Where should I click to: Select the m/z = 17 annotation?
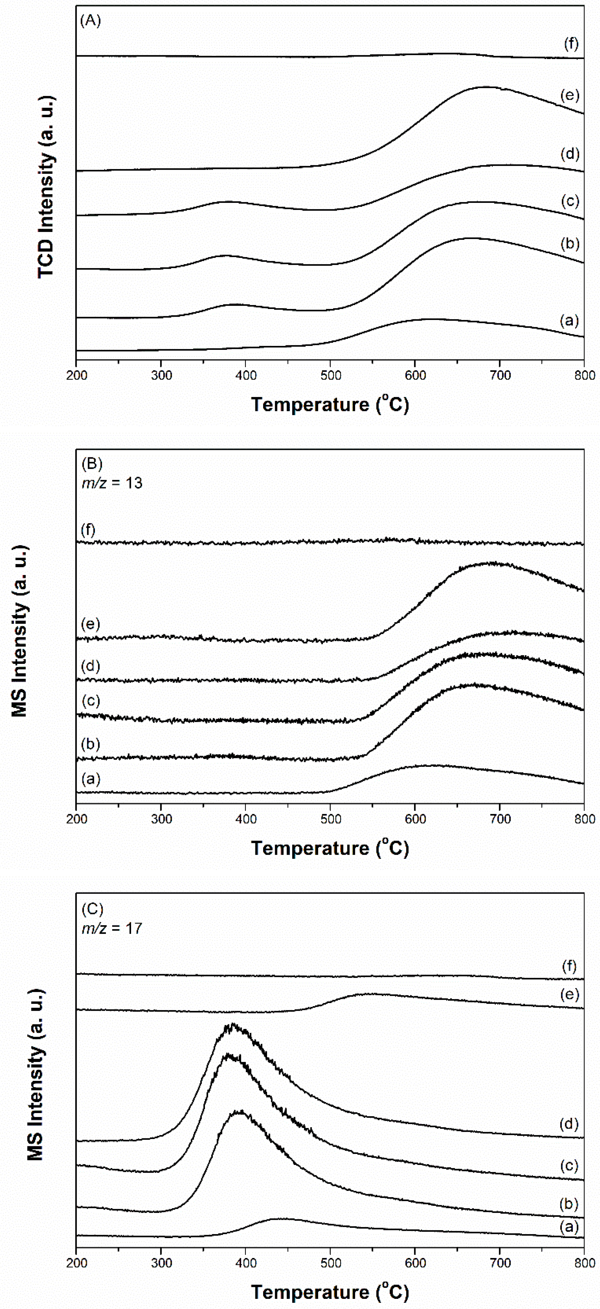pyautogui.click(x=112, y=928)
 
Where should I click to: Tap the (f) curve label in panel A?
pyautogui.click(x=571, y=44)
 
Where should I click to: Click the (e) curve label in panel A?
pyautogui.click(x=570, y=95)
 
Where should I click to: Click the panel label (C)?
pyautogui.click(x=92, y=908)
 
